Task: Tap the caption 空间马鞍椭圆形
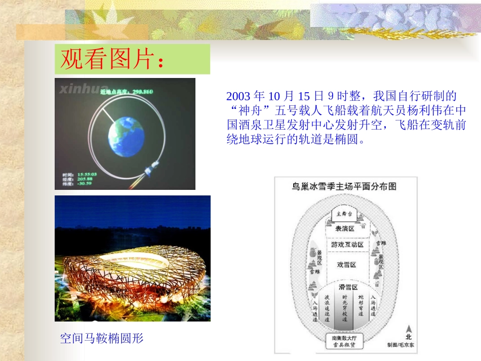click(x=102, y=338)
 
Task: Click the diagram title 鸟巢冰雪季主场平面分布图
click(x=344, y=186)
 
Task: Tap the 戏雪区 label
click(x=346, y=265)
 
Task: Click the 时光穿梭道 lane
click(x=345, y=308)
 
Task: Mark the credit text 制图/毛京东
click(x=400, y=345)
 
